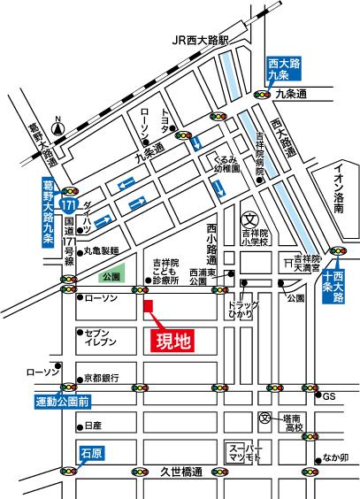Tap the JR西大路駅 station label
(201, 41)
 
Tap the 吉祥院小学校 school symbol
(249, 219)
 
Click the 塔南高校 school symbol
(264, 418)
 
